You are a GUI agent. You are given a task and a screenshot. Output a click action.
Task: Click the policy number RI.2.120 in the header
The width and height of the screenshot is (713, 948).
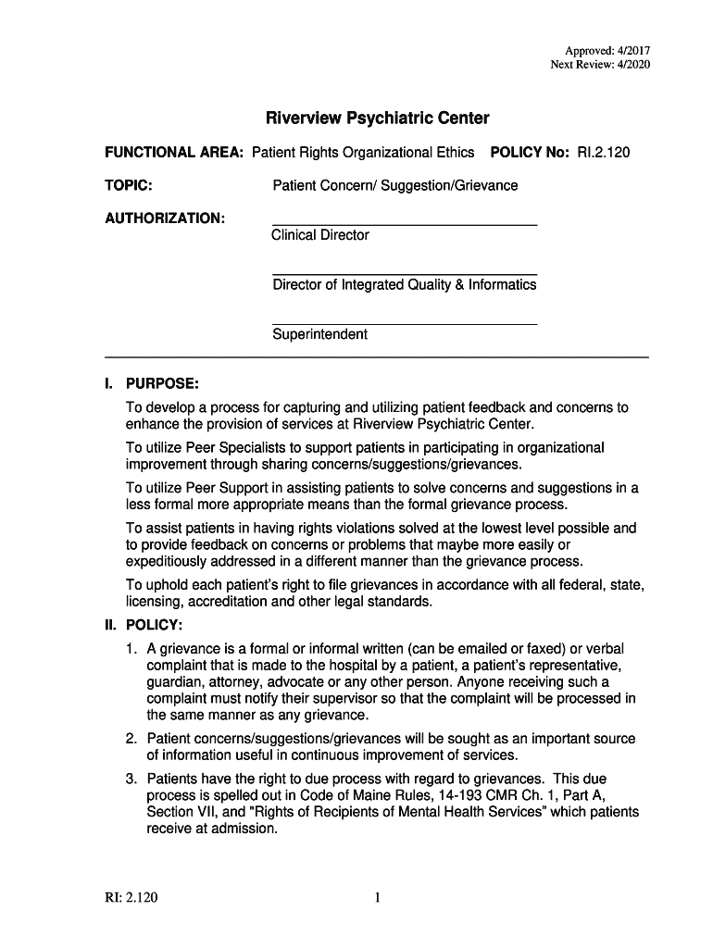pyautogui.click(x=604, y=152)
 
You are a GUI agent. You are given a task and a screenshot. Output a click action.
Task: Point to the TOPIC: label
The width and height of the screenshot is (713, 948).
pyautogui.click(x=129, y=185)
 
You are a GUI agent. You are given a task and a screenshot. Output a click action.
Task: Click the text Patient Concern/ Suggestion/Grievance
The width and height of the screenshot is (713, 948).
pyautogui.click(x=395, y=185)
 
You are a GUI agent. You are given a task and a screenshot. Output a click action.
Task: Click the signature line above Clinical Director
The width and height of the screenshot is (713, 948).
pyautogui.click(x=405, y=225)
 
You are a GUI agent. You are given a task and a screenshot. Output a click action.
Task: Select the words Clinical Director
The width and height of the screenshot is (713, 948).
pyautogui.click(x=320, y=235)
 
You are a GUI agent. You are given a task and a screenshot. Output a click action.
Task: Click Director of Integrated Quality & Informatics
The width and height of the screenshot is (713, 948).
pyautogui.click(x=405, y=285)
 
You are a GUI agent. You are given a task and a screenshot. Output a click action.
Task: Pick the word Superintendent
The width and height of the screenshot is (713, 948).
pyautogui.click(x=320, y=334)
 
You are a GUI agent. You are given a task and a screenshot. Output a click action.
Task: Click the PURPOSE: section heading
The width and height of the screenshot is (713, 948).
pyautogui.click(x=162, y=383)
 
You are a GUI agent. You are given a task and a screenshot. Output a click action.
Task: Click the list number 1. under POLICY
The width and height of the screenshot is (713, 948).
pyautogui.click(x=133, y=646)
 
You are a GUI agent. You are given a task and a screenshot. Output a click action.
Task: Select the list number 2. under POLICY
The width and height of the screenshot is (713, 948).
pyautogui.click(x=133, y=739)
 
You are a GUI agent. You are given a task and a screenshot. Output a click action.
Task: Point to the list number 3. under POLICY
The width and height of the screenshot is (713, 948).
pyautogui.click(x=133, y=779)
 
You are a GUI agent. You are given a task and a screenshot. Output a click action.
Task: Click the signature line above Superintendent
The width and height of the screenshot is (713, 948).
pyautogui.click(x=405, y=324)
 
